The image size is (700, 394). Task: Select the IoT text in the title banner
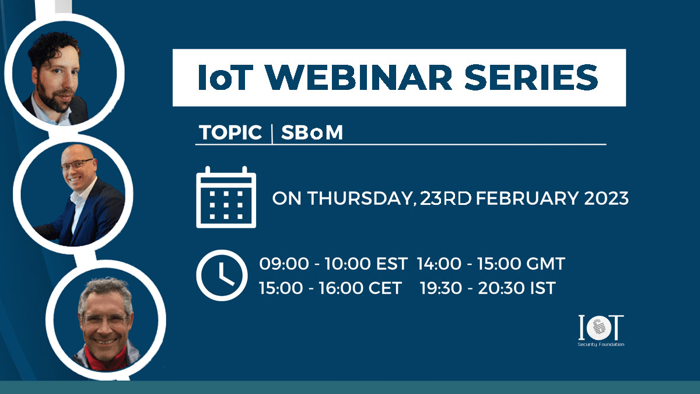[225, 77]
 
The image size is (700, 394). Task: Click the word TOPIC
[230, 133]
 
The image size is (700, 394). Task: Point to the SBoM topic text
[312, 133]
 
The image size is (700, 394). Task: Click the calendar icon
[226, 197]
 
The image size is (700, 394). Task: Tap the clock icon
[222, 275]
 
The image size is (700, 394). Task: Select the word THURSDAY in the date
[362, 198]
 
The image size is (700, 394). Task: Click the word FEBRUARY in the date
[527, 198]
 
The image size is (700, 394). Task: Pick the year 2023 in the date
[606, 198]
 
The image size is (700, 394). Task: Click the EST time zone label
[391, 264]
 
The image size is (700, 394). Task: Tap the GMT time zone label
[545, 264]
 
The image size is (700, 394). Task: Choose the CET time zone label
[385, 288]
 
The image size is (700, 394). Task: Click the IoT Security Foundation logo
[601, 330]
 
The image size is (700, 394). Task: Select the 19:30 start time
[441, 288]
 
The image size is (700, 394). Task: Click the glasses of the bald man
[76, 165]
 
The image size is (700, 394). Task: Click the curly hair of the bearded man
[52, 47]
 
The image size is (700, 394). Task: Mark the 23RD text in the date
[445, 198]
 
